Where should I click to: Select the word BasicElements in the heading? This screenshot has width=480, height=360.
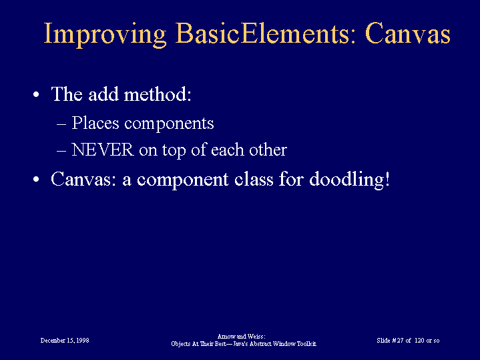point(262,33)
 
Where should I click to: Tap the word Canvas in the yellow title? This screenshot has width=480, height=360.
point(408,33)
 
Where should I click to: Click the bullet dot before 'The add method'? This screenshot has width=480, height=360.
point(36,95)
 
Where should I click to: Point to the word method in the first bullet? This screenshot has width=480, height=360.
point(158,94)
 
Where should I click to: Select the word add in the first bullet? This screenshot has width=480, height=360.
point(103,94)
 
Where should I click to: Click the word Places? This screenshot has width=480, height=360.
point(95,123)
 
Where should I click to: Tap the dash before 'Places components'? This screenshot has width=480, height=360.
point(61,124)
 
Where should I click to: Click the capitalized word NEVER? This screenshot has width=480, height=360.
point(103,150)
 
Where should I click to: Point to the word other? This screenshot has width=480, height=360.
point(268,150)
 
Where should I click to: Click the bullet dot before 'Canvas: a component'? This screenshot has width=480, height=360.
point(36,179)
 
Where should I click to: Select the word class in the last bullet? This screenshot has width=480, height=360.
point(254,179)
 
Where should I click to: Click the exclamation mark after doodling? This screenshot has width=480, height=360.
point(387,179)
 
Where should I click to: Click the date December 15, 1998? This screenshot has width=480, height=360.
point(65,341)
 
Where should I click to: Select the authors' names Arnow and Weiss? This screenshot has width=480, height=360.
point(241,337)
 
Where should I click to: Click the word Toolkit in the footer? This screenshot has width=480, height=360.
point(306,344)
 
